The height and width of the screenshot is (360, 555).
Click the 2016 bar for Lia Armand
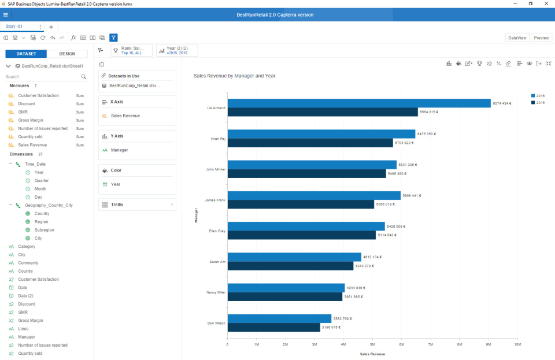pyautogui.click(x=358, y=103)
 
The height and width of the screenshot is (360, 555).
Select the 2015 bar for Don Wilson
pyautogui.click(x=273, y=328)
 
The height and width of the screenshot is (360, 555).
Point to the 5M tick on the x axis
pyautogui.click(x=372, y=344)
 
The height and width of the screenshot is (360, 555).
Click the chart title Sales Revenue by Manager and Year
pyautogui.click(x=234, y=76)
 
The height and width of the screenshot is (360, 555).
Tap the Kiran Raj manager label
pyautogui.click(x=217, y=139)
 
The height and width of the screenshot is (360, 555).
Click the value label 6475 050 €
pyautogui.click(x=426, y=134)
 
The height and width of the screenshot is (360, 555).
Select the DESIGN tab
pyautogui.click(x=67, y=54)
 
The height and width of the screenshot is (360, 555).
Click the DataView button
pyautogui.click(x=517, y=38)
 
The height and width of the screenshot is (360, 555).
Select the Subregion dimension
pyautogui.click(x=44, y=230)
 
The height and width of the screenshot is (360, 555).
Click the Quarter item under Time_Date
pyautogui.click(x=41, y=181)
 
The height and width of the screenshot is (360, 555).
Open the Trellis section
pyautogui.click(x=137, y=205)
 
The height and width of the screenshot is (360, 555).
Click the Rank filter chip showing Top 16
pyautogui.click(x=131, y=50)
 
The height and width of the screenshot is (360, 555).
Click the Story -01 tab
pyautogui.click(x=14, y=27)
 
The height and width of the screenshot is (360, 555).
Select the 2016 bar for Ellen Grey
pyautogui.click(x=306, y=226)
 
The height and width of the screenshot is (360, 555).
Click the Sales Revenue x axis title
pyautogui.click(x=372, y=354)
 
